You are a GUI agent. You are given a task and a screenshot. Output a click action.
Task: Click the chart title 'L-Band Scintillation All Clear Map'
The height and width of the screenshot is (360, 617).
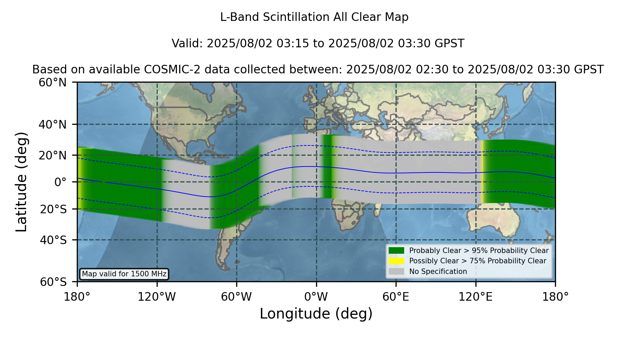[314, 17]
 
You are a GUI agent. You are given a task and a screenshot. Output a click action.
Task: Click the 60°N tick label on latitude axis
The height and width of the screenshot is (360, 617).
[53, 83]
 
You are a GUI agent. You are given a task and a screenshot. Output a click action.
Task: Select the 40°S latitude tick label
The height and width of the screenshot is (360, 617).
[53, 240]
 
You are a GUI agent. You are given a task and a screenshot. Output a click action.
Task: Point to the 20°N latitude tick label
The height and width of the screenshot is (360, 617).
[53, 156]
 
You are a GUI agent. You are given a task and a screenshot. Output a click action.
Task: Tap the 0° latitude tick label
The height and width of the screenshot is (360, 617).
[60, 182]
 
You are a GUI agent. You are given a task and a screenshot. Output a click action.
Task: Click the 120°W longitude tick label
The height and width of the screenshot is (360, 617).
[157, 297]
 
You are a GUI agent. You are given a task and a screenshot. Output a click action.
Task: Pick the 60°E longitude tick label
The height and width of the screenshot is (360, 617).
[396, 297]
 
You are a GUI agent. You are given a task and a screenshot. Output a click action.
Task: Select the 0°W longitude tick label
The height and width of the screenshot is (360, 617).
[316, 297]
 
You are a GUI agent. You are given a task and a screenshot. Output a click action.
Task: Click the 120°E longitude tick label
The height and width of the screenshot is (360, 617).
[476, 297]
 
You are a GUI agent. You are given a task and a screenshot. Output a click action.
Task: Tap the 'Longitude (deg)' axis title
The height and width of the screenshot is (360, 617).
[316, 314]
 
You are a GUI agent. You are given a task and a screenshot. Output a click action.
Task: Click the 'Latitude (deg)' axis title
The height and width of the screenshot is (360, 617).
[22, 182]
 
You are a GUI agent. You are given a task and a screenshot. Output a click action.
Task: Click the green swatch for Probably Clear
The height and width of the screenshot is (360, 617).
[397, 250]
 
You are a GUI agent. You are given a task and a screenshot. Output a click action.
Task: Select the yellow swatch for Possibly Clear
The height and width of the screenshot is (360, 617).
[397, 261]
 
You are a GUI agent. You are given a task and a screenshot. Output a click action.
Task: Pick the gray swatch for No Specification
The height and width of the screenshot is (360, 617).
[397, 272]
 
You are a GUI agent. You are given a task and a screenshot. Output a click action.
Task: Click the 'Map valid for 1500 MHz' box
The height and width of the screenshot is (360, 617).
[124, 274]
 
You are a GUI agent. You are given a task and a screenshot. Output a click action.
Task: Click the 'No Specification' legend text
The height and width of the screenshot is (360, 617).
[438, 272]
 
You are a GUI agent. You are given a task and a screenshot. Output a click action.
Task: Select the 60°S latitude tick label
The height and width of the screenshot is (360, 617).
[53, 282]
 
